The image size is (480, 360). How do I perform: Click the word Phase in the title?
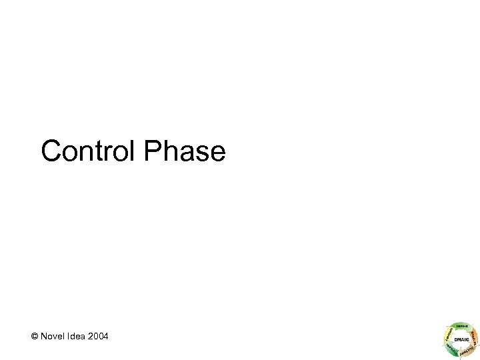(x=184, y=151)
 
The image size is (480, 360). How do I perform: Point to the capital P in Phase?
(x=151, y=151)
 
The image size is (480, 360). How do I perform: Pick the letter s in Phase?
(x=202, y=153)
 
